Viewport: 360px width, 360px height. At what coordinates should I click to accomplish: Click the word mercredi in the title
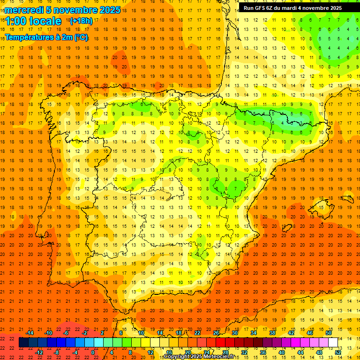[24, 10]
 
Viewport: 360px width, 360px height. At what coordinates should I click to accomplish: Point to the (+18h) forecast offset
[81, 21]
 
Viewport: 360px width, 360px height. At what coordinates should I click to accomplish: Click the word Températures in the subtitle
[29, 37]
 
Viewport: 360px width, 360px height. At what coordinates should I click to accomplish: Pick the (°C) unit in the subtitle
[81, 37]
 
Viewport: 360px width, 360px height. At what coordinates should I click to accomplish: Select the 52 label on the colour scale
[338, 352]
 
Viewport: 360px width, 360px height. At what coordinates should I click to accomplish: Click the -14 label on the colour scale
[30, 332]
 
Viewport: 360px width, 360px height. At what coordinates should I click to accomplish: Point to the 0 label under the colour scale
[93, 352]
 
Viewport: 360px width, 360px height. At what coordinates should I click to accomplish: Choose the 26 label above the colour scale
[216, 332]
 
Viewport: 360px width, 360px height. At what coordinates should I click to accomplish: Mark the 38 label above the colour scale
[271, 332]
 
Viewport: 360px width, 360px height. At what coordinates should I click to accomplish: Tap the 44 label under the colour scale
[300, 352]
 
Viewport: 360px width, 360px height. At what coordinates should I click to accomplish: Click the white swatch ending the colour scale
[333, 342]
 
